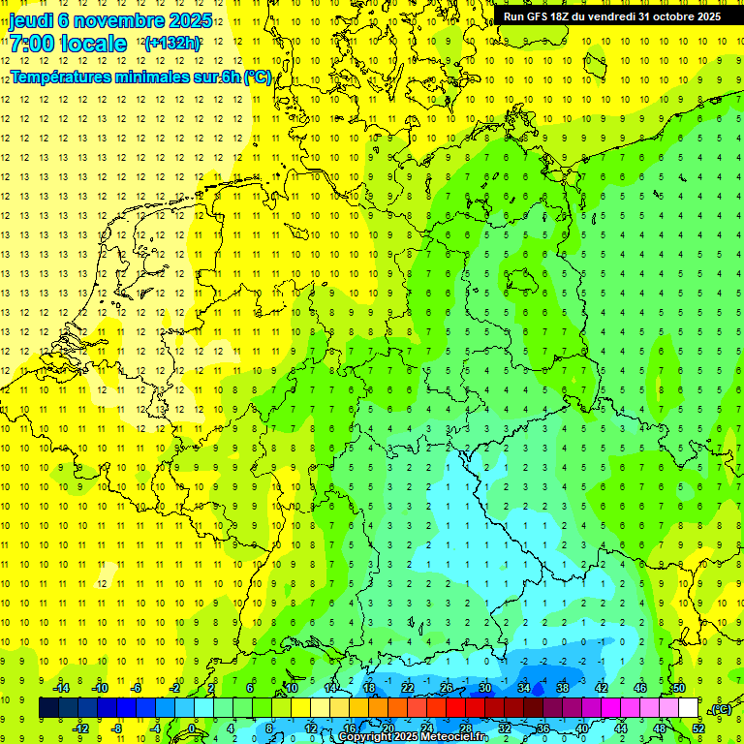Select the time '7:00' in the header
(x=31, y=43)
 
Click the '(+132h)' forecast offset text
(x=171, y=43)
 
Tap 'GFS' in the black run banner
(x=540, y=16)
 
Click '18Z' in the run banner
(x=566, y=16)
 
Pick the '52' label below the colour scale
(x=698, y=728)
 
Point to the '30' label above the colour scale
(x=484, y=688)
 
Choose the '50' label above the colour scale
(x=678, y=688)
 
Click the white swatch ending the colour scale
(x=689, y=708)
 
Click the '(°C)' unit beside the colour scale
(x=721, y=709)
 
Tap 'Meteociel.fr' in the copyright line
(x=455, y=737)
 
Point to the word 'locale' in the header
(x=93, y=43)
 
